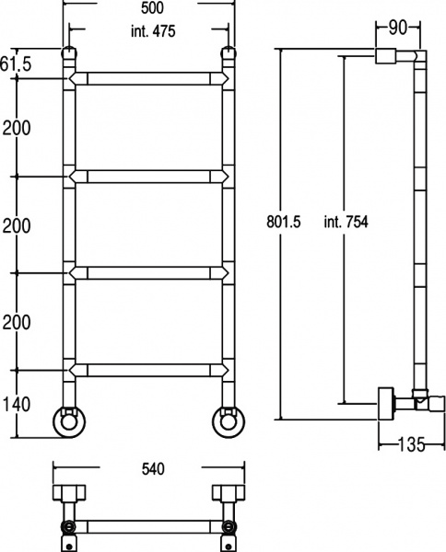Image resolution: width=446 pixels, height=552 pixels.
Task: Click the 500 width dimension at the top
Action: pyautogui.click(x=152, y=8)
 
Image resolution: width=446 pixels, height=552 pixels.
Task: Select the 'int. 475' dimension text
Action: pyautogui.click(x=153, y=31)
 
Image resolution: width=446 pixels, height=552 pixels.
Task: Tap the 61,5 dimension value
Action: pyautogui.click(x=16, y=64)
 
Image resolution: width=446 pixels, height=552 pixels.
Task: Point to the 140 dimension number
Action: pyautogui.click(x=17, y=405)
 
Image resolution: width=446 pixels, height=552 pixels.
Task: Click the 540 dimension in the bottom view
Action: pyautogui.click(x=153, y=469)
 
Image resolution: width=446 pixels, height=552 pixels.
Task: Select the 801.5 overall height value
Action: pyautogui.click(x=284, y=222)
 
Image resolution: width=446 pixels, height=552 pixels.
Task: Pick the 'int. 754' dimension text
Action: pyautogui.click(x=346, y=222)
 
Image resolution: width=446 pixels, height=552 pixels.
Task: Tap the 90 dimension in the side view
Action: pyautogui.click(x=398, y=29)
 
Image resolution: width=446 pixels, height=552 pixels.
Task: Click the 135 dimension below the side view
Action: pyautogui.click(x=412, y=444)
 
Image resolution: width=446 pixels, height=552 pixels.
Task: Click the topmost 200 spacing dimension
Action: pyautogui.click(x=17, y=128)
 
